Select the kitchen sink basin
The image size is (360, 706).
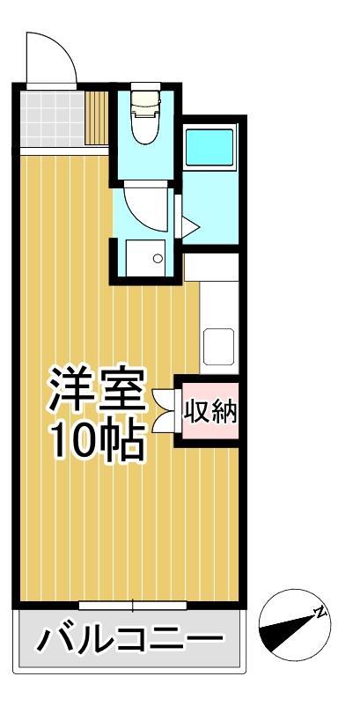tap(219, 346)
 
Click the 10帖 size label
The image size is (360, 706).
tap(96, 441)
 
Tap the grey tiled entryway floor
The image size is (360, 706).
tap(50, 119)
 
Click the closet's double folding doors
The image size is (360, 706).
tap(164, 409)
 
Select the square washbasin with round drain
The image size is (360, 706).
tap(146, 256)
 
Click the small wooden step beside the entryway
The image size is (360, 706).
tap(96, 119)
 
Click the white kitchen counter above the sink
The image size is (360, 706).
tap(219, 290)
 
